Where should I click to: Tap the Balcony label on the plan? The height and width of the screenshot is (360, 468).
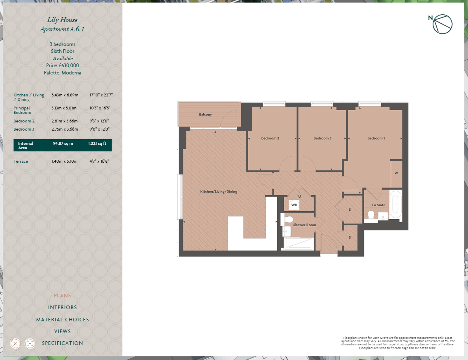tap(205, 114)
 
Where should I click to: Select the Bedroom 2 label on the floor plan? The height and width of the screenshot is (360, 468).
tap(270, 138)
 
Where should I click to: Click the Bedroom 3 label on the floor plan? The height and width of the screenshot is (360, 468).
tap(322, 138)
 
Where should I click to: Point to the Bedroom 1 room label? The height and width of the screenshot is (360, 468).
tap(376, 138)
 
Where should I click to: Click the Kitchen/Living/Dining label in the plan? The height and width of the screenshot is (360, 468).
tap(218, 192)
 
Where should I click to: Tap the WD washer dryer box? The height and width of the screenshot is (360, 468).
tap(294, 205)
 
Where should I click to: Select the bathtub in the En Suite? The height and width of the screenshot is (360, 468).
tap(395, 204)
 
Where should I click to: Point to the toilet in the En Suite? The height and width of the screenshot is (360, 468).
tap(371, 214)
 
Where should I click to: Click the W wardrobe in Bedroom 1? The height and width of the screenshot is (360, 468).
tap(396, 173)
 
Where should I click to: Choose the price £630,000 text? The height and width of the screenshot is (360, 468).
tap(63, 65)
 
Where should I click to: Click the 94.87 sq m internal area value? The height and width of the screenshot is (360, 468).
tap(63, 144)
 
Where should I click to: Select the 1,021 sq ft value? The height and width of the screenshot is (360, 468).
tap(97, 144)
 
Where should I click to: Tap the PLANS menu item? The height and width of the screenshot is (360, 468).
tap(63, 296)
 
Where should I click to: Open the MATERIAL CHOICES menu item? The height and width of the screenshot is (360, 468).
tap(63, 320)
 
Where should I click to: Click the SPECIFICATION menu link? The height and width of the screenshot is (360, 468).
tap(63, 343)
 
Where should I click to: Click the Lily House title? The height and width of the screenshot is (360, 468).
tap(63, 20)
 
